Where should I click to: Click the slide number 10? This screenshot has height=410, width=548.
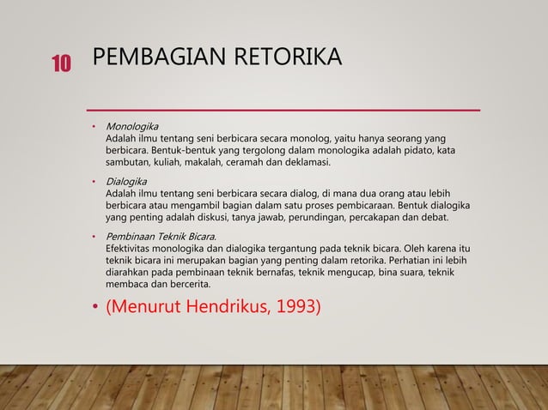61,62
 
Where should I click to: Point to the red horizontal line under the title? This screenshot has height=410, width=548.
284,111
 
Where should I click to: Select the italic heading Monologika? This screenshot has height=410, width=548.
131,127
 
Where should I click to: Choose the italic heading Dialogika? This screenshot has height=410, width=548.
125,181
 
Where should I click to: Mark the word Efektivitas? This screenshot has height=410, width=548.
131,248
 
